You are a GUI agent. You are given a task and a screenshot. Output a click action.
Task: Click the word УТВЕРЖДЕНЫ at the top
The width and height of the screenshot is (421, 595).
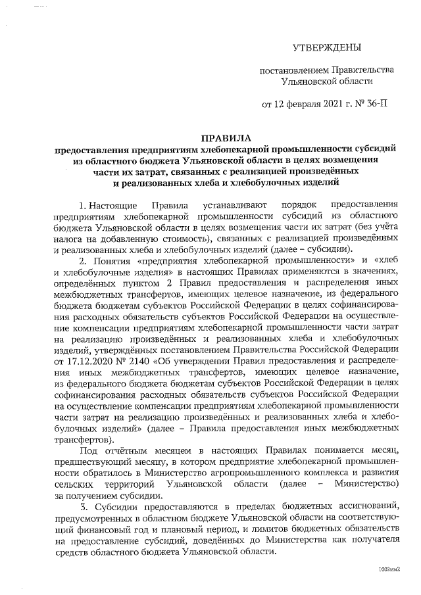[x=327, y=48]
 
